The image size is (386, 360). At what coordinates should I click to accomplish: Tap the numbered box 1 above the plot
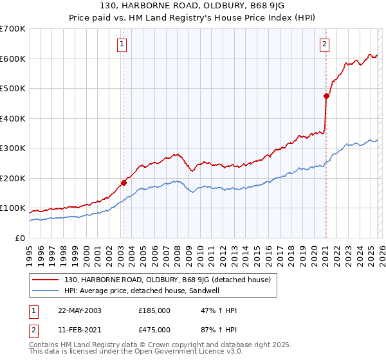point(122,44)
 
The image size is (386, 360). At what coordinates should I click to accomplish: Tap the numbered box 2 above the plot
point(325,44)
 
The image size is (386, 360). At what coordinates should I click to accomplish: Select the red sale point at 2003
point(124,183)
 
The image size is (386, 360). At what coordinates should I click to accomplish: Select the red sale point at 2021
point(326,96)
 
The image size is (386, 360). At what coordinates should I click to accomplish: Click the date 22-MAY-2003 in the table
point(75,310)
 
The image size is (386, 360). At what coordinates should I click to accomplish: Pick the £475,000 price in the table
point(154,329)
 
